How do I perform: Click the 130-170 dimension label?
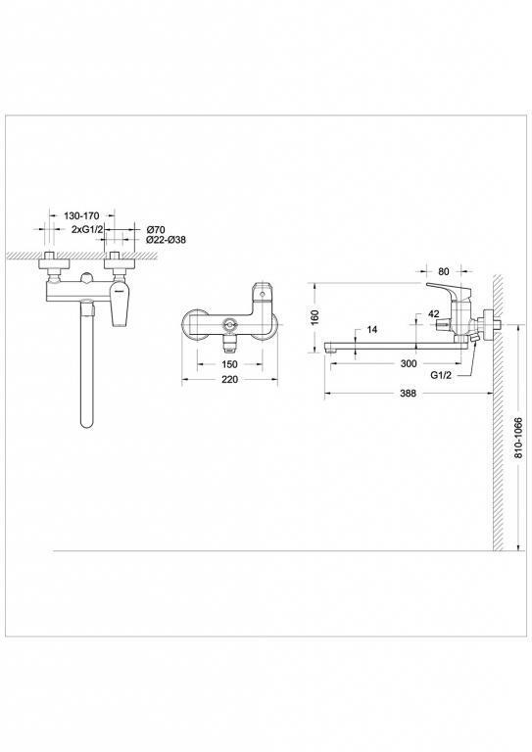coord(81,216)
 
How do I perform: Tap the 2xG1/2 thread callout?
coord(87,230)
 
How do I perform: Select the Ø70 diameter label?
coord(156,230)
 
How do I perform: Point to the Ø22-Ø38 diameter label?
coord(166,240)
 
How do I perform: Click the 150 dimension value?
coord(230,364)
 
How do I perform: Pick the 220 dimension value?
coord(230,379)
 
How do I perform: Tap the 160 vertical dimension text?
coord(315,317)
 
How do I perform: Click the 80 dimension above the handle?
coord(444,271)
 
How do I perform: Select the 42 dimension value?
coord(433,314)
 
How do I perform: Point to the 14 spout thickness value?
coord(371,329)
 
